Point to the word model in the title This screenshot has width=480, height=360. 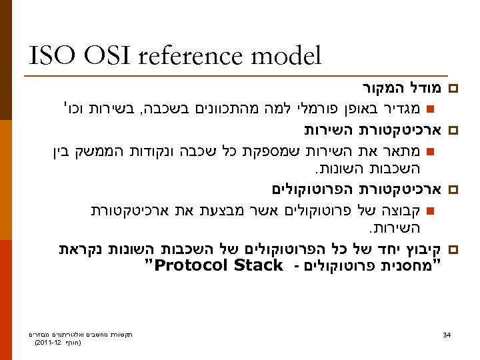coord(288,56)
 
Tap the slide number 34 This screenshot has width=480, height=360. coord(447,333)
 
